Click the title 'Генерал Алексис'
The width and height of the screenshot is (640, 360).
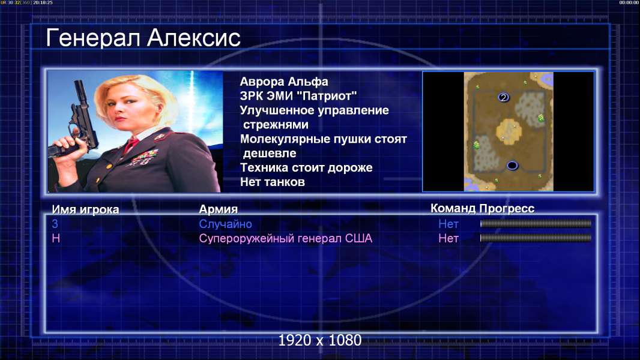pos(143,38)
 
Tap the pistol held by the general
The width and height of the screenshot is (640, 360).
pos(76,122)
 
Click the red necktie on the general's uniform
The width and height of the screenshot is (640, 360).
pos(131,144)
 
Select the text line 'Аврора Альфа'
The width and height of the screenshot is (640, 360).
pos(284,82)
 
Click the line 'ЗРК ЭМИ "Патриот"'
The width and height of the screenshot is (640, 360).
pos(298,96)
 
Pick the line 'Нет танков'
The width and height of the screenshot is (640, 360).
pos(273,182)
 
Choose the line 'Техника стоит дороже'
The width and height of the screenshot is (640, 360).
pos(306,167)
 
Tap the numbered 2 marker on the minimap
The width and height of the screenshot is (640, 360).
pos(503,97)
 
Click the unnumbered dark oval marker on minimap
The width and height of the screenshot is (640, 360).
pos(512,165)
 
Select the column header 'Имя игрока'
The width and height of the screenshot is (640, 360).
pos(85,209)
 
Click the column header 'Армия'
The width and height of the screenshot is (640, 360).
pos(219,209)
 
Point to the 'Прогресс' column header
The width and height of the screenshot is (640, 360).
pos(507,208)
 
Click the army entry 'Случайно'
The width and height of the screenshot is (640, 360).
pos(225,224)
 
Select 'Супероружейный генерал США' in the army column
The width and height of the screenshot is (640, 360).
pos(286,239)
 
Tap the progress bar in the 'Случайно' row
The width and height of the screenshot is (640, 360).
pos(536,223)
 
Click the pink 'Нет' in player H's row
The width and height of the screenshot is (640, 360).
pos(448,239)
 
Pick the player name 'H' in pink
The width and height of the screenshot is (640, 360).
pos(56,239)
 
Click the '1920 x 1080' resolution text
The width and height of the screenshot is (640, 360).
pos(320,340)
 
